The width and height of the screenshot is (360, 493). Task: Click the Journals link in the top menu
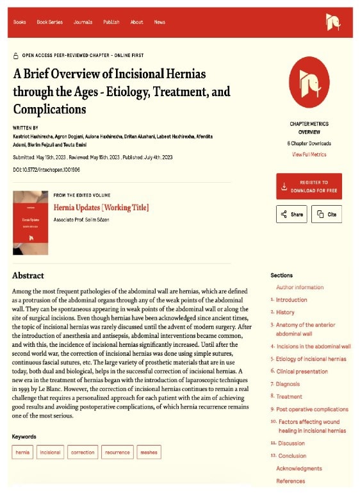[x=83, y=22]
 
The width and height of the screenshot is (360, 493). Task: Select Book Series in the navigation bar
[x=49, y=22]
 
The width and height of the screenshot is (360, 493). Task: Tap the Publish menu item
[x=111, y=22]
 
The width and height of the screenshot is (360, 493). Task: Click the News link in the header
[x=160, y=22]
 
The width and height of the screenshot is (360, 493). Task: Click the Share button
[x=291, y=214]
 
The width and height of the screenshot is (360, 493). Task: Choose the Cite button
[x=326, y=214]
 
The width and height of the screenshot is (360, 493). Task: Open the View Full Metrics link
[x=309, y=155]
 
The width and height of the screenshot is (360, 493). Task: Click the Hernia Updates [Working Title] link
[x=101, y=207]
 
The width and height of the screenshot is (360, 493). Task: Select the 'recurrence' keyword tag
[x=117, y=452]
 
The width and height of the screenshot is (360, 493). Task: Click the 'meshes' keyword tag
[x=148, y=452]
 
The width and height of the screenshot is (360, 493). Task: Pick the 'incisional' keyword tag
[x=50, y=452]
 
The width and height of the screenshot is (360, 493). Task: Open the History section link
[x=285, y=312]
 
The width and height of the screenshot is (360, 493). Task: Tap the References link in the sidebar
[x=290, y=481]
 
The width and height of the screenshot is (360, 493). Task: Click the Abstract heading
[x=28, y=276]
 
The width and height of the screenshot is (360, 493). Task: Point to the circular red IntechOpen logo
[x=309, y=81]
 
